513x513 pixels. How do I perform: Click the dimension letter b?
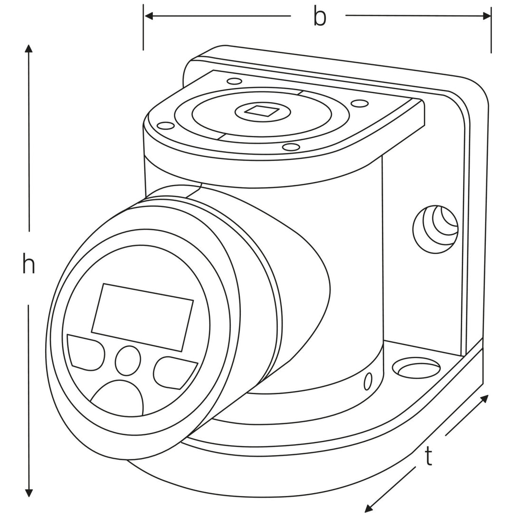(320, 17)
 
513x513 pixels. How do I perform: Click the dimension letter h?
(28, 264)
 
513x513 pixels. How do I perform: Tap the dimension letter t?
(429, 457)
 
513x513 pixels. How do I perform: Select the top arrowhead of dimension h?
(29, 49)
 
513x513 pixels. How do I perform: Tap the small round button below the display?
(128, 360)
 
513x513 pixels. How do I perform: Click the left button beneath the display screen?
(86, 352)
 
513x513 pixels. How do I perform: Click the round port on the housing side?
(435, 228)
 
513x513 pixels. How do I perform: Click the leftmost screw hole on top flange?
(165, 126)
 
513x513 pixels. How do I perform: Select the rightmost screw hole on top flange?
(359, 103)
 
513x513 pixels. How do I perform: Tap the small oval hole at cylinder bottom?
(367, 381)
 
